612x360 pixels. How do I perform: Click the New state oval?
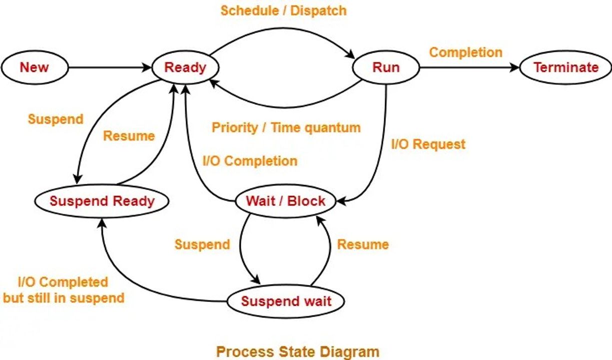35,67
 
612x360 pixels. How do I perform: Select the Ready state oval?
185,67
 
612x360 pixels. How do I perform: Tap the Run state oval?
386,67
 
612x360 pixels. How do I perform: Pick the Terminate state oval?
565,67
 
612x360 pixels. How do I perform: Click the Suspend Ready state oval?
102,201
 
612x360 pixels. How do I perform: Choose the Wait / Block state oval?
285,201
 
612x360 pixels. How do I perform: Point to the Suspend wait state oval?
286,301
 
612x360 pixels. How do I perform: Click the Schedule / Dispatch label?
283,10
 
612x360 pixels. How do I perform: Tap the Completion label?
465,52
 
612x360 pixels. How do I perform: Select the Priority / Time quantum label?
286,127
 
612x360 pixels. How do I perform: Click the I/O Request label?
428,144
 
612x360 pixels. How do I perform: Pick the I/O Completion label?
249,161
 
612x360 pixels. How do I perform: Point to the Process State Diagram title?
297,351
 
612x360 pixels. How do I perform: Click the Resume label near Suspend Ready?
129,135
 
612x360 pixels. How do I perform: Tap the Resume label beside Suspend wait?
362,244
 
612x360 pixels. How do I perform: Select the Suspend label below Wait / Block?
202,244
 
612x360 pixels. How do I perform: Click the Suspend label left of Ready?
55,119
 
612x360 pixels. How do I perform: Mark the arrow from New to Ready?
110,67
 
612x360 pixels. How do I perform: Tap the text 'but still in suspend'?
64,298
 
